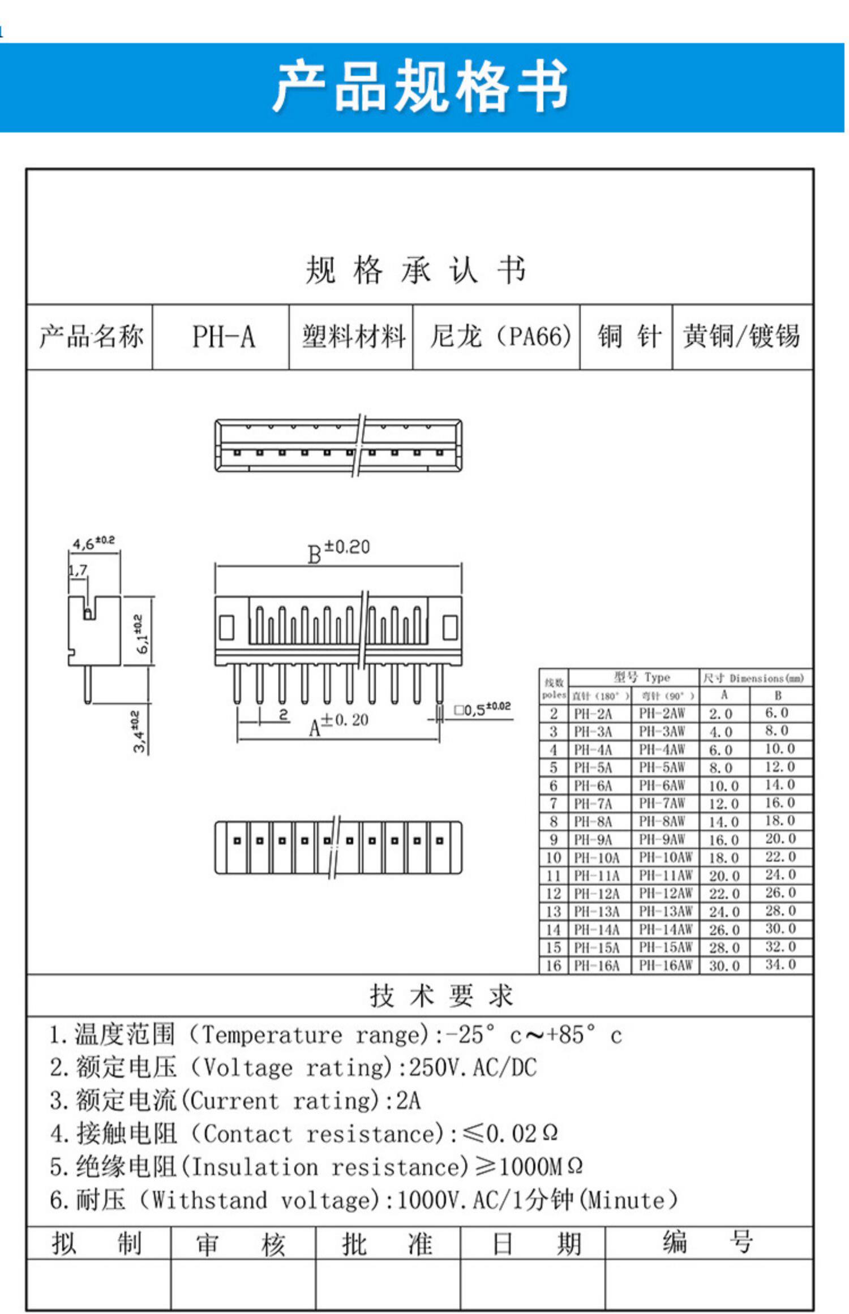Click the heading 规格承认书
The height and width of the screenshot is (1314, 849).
coord(416,270)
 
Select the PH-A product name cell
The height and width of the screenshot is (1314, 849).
coord(223,337)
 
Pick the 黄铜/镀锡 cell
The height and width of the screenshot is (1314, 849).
coord(741,337)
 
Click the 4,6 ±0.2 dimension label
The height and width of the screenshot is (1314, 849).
coord(93,543)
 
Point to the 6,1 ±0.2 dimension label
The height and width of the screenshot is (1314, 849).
coord(142,634)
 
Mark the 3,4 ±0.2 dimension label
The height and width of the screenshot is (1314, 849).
coord(139,732)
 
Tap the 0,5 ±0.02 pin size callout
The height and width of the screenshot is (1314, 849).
coord(483,709)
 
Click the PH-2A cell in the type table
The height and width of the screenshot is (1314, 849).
coord(593,714)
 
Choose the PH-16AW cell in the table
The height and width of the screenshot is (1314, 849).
coord(665,965)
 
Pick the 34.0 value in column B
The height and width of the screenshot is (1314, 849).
coord(781,964)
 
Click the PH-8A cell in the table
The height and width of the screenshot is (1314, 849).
coord(593,822)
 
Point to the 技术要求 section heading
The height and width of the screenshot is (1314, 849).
coord(441,996)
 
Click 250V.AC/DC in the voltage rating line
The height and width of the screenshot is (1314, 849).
coord(473,1068)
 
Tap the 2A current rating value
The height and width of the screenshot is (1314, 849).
coord(408,1101)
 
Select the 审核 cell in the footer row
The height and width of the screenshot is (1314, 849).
coord(241,1244)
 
